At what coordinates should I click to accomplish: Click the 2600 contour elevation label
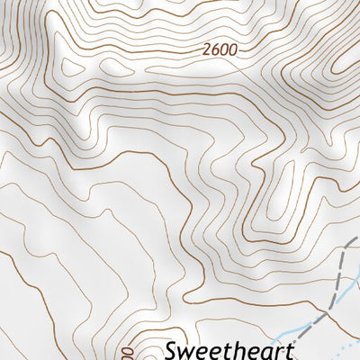[x=220, y=51]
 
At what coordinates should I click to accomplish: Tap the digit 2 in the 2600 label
[x=207, y=51]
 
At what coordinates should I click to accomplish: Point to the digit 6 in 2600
[x=215, y=51]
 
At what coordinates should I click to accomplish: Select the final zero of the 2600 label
[x=232, y=51]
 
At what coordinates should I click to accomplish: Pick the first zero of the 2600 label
[x=224, y=51]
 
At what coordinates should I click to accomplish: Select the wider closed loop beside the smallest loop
[x=70, y=67]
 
